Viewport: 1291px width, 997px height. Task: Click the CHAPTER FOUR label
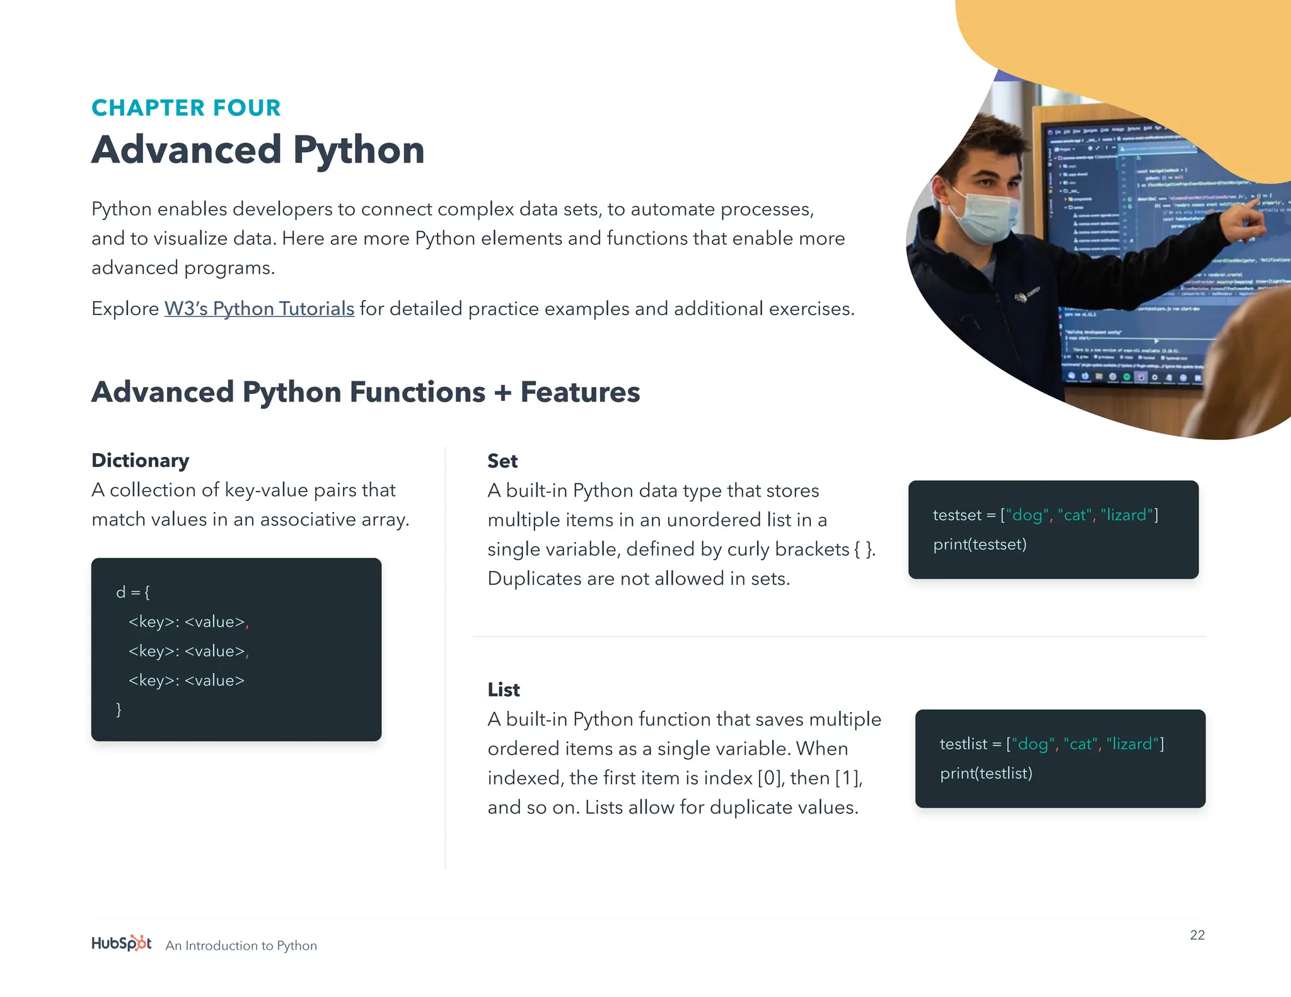tap(186, 108)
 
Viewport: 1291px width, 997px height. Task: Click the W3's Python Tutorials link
tap(259, 309)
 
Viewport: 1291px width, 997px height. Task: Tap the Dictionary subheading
tap(140, 461)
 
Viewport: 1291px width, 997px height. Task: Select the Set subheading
tap(502, 461)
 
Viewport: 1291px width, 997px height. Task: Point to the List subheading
tap(504, 690)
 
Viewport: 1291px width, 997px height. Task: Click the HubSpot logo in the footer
tap(121, 943)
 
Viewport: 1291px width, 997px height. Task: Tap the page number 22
tap(1197, 935)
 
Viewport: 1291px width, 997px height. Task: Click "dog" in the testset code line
tap(1027, 516)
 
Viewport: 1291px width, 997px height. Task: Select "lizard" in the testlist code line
tap(1133, 744)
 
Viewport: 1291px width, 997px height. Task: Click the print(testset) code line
tap(980, 545)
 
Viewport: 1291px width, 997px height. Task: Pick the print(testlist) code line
tap(986, 773)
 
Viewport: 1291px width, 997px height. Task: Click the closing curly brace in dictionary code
tap(119, 710)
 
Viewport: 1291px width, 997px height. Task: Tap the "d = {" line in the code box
tap(133, 592)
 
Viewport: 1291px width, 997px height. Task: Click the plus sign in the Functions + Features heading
tap(502, 393)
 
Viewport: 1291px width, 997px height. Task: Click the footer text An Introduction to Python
tap(241, 945)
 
